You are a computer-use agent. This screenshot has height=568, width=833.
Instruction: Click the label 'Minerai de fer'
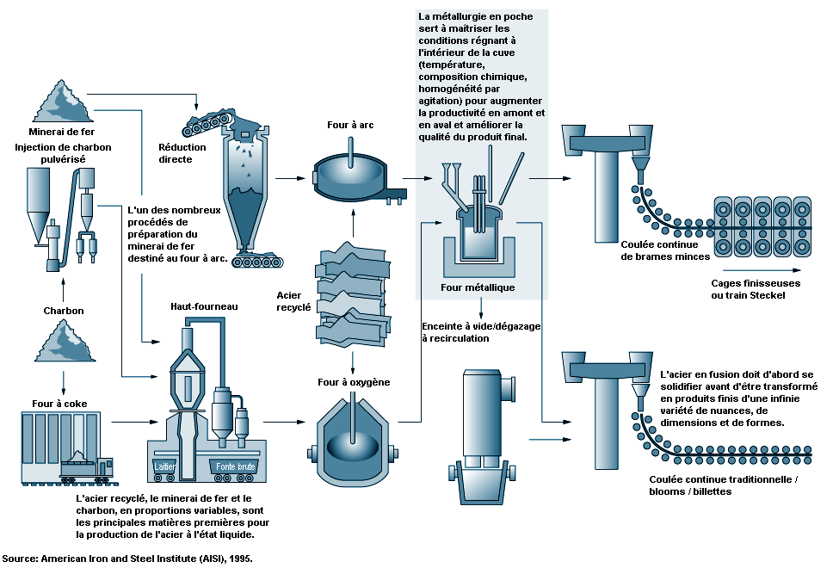click(61, 132)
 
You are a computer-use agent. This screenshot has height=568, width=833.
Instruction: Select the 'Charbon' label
click(64, 311)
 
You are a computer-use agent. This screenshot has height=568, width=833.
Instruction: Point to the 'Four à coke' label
click(54, 401)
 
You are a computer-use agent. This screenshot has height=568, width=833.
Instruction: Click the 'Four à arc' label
click(349, 126)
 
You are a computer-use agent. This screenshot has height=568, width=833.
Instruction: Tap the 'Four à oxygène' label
click(354, 382)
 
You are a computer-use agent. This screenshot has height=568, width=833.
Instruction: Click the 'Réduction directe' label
click(182, 153)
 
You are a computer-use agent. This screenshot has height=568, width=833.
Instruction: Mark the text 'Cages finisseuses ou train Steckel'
click(756, 289)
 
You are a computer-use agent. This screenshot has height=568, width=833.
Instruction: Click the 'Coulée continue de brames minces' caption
click(667, 250)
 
